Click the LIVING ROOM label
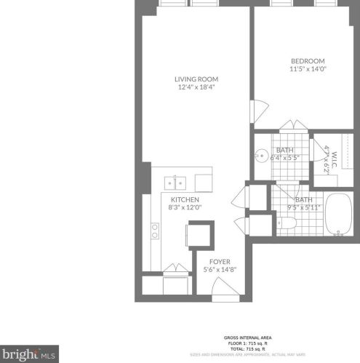pos(196,79)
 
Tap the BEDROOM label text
pos(308,60)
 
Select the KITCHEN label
pos(185,199)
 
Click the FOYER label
pos(220,261)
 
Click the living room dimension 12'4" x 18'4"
pos(196,87)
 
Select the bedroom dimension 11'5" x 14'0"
pos(308,69)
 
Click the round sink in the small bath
pos(262,155)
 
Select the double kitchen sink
pos(175,183)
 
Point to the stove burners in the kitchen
pos(155,231)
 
